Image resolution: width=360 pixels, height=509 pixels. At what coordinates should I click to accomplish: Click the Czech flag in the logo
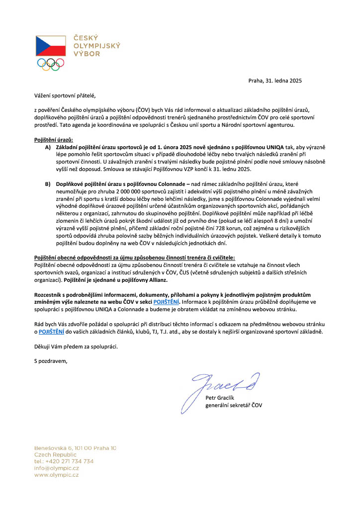click(50, 46)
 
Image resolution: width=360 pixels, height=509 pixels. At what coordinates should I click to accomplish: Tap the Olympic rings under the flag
click(50, 64)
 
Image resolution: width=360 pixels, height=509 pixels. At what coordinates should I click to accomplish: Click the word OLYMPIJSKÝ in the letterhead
click(96, 46)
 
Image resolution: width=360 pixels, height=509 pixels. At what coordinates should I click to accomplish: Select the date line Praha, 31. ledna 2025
click(275, 81)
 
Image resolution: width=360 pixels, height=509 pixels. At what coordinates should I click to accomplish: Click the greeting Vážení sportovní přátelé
click(64, 94)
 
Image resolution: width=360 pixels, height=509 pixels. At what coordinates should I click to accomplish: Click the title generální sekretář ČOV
click(234, 405)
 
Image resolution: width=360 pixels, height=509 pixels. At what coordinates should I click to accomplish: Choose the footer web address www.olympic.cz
click(56, 475)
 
